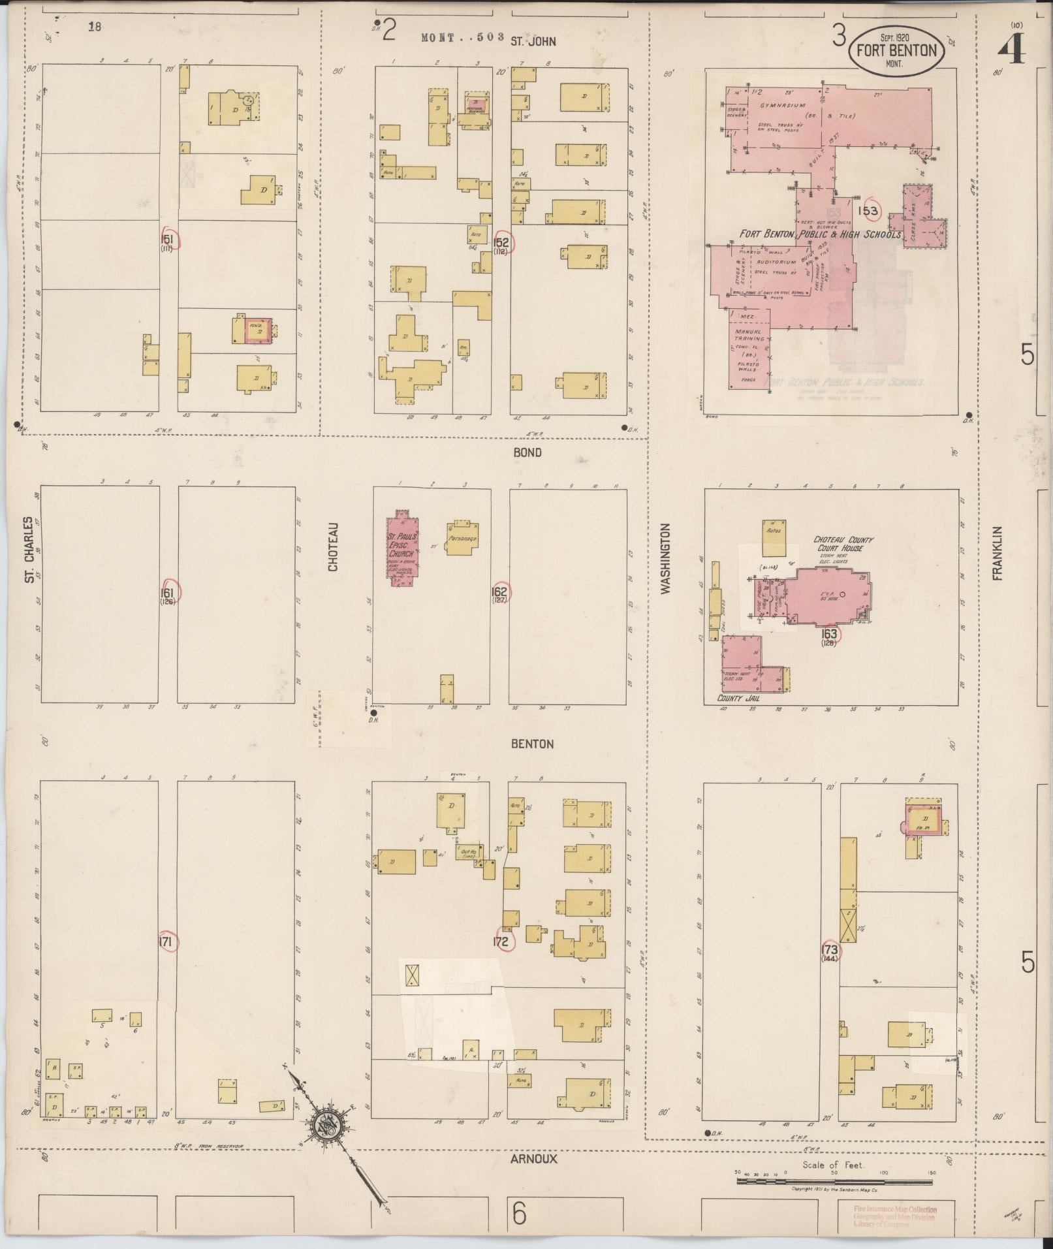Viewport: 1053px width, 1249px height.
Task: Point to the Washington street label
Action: [666, 558]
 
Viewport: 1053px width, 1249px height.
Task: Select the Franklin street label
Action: [997, 553]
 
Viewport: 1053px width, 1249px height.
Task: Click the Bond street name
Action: [527, 452]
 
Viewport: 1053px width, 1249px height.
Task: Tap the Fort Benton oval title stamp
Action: [896, 50]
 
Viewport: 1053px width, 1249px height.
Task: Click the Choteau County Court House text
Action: [843, 544]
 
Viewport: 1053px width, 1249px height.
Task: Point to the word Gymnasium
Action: [782, 105]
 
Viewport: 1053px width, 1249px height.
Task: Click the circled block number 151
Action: [168, 240]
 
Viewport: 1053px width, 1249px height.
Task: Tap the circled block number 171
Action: [166, 941]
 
